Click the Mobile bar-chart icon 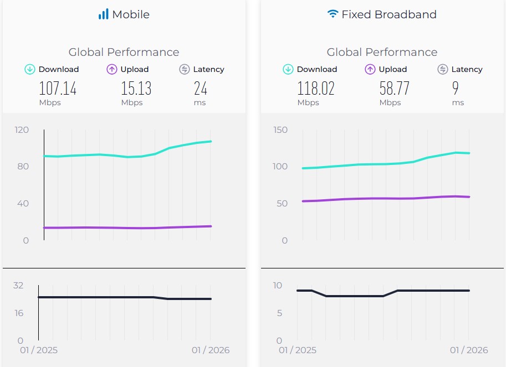click(x=104, y=14)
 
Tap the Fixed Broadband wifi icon click(x=333, y=14)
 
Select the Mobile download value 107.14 click(x=58, y=88)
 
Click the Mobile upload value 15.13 click(x=136, y=88)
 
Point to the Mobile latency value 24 click(x=200, y=88)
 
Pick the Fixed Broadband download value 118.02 click(x=316, y=88)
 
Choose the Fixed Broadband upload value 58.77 click(x=394, y=88)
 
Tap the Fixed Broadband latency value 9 click(x=456, y=88)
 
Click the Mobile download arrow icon click(x=30, y=69)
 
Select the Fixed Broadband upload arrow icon click(x=370, y=69)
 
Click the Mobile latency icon click(x=185, y=69)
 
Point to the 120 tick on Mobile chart click(x=22, y=130)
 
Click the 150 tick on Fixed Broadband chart click(x=280, y=130)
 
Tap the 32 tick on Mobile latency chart click(x=18, y=286)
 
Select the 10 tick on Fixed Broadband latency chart click(x=277, y=286)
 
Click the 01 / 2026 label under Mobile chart click(x=211, y=350)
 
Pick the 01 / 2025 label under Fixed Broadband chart click(x=297, y=350)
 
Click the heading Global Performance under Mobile click(x=124, y=52)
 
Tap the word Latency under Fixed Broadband click(x=467, y=69)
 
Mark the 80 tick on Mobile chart click(x=23, y=167)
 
